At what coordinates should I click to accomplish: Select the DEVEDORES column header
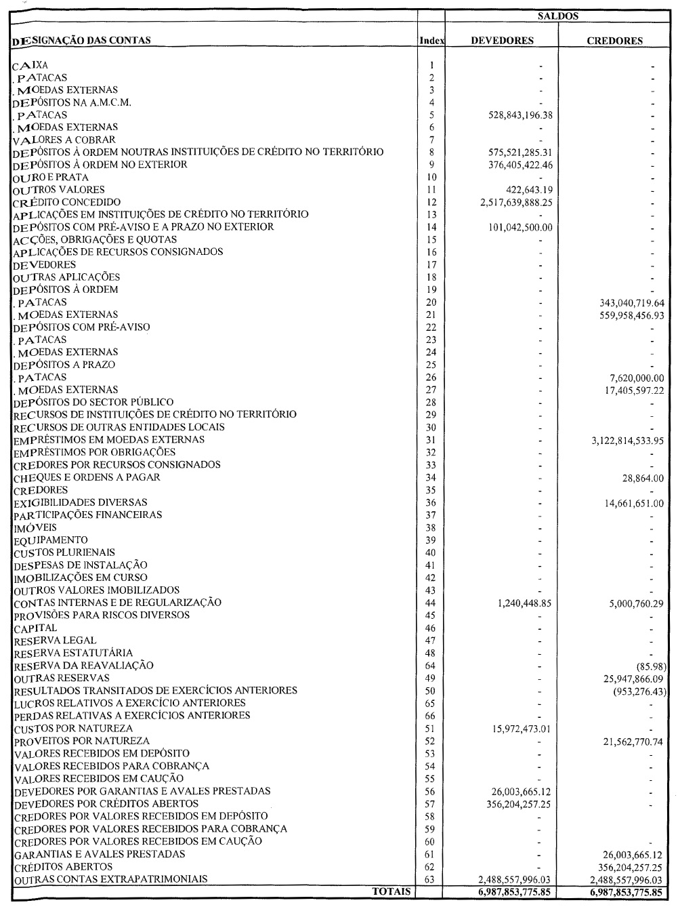coord(502,41)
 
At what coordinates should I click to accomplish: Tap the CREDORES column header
coord(614,41)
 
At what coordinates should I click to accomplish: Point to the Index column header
coord(431,41)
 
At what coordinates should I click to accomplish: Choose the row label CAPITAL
coord(35,628)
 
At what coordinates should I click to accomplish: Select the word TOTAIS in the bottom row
coord(391,891)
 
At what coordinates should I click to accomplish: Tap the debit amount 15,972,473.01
coord(517,729)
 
